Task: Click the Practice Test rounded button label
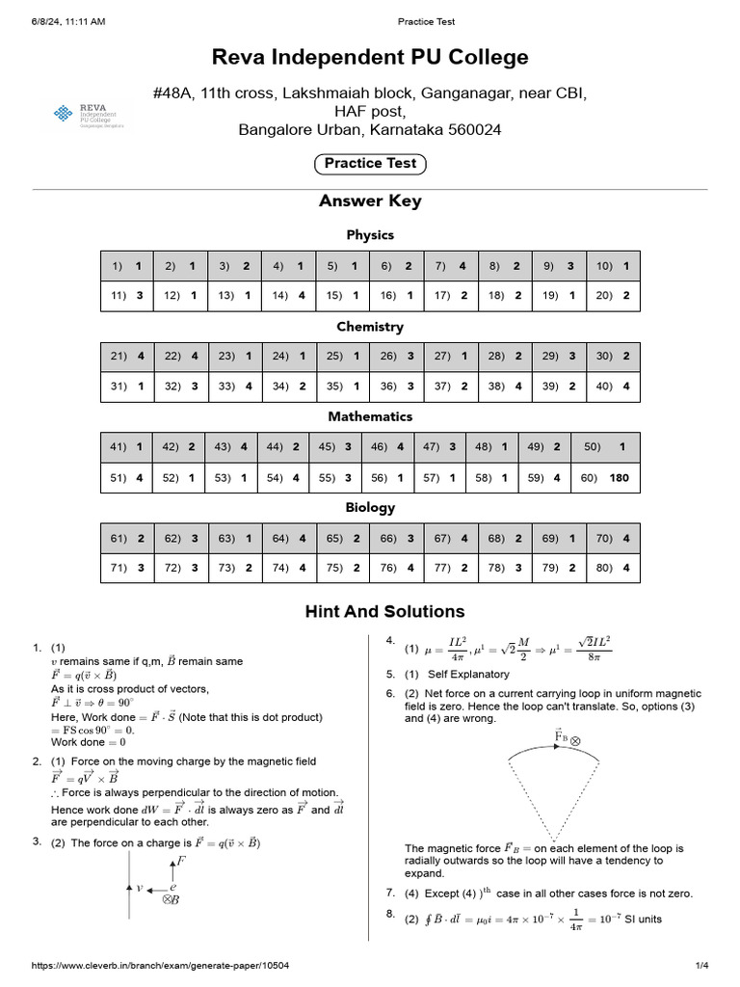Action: click(x=370, y=164)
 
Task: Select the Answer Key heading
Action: click(x=370, y=201)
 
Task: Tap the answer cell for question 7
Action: click(x=451, y=266)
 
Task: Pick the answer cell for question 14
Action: click(x=288, y=296)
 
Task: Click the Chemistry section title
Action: click(x=370, y=327)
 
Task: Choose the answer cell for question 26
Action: click(x=396, y=356)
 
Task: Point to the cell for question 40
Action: click(x=613, y=387)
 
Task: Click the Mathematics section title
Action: click(x=370, y=416)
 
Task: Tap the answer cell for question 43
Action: click(x=231, y=447)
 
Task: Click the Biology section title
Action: click(x=370, y=507)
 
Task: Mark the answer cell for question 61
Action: click(x=127, y=538)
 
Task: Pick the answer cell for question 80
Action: click(x=613, y=568)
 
